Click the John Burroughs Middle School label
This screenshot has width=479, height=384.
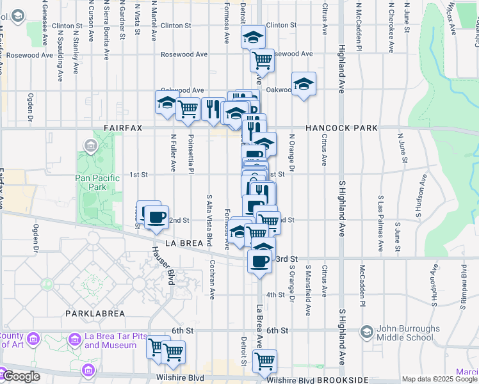(x=409, y=333)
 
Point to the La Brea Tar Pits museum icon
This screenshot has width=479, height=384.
(x=75, y=338)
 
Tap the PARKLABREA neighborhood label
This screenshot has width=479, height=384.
(x=93, y=313)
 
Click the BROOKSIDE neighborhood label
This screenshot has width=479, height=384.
(x=345, y=380)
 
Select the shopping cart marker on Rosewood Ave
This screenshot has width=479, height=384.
(x=262, y=60)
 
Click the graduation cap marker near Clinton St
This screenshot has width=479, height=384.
(x=253, y=37)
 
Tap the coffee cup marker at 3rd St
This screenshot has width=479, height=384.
(x=259, y=261)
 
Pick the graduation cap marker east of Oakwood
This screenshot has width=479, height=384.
(x=304, y=84)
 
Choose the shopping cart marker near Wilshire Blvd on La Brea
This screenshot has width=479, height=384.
(x=264, y=361)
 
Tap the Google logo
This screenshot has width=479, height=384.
(x=21, y=376)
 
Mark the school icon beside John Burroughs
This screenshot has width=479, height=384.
(x=366, y=332)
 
